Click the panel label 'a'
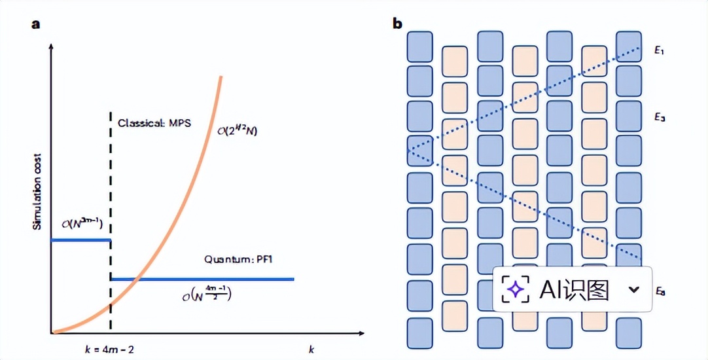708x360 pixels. tap(37, 24)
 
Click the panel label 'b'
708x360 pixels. tap(397, 24)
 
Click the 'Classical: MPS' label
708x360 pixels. tap(154, 123)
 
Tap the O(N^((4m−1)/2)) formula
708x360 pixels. tap(207, 293)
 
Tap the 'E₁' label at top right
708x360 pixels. tap(659, 50)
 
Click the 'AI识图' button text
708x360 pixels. tap(575, 289)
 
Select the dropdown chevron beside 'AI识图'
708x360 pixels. tap(633, 289)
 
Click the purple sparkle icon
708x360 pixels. tap(516, 289)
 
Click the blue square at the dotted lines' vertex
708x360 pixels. tap(419, 151)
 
